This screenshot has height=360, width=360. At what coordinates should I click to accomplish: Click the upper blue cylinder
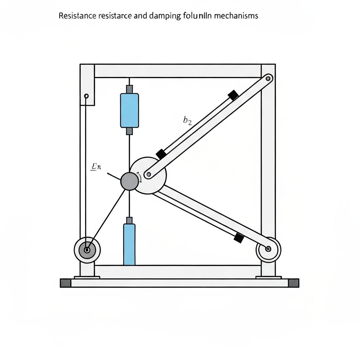pyautogui.click(x=129, y=110)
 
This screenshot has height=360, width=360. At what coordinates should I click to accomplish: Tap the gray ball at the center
pyautogui.click(x=129, y=181)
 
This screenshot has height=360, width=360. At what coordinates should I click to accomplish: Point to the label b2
pyautogui.click(x=187, y=121)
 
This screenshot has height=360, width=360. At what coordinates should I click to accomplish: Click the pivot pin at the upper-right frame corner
pyautogui.click(x=269, y=78)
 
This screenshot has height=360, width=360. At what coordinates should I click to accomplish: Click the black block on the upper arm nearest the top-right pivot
pyautogui.click(x=233, y=95)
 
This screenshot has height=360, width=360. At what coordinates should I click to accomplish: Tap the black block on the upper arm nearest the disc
pyautogui.click(x=161, y=154)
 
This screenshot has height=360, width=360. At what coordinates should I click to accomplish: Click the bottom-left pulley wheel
pyautogui.click(x=87, y=250)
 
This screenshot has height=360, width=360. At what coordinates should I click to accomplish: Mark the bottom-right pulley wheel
pyautogui.click(x=268, y=249)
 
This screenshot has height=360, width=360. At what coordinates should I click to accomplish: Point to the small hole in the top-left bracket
pyautogui.click(x=87, y=96)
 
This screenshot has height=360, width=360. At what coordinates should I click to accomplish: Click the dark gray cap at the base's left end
pyautogui.click(x=66, y=283)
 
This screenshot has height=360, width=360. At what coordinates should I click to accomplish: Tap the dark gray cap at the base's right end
pyautogui.click(x=294, y=283)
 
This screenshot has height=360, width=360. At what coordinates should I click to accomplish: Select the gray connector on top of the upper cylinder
pyautogui.click(x=129, y=89)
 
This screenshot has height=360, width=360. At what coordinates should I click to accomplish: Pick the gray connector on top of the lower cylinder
pyautogui.click(x=129, y=220)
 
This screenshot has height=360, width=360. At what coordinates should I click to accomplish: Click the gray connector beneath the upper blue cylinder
pyautogui.click(x=129, y=131)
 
